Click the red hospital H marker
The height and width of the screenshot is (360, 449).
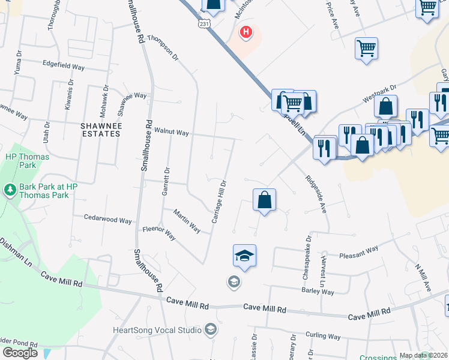(x=246, y=32)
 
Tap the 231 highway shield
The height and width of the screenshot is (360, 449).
(x=205, y=23)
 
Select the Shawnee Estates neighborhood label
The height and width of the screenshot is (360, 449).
(x=101, y=130)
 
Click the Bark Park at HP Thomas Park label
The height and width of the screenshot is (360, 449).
(x=49, y=191)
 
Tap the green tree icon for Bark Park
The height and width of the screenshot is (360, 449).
(x=10, y=191)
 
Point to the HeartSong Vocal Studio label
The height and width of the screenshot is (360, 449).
(x=157, y=329)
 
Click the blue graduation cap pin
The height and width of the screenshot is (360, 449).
(x=244, y=256)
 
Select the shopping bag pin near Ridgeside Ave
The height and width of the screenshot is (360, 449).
(x=264, y=200)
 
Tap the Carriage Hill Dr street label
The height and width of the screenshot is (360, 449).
(x=219, y=202)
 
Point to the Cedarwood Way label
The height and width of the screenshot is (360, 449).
(x=107, y=220)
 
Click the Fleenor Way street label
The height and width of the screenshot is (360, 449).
(x=158, y=233)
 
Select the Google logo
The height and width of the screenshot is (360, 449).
(x=20, y=353)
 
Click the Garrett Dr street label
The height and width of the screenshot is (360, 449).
(x=167, y=180)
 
